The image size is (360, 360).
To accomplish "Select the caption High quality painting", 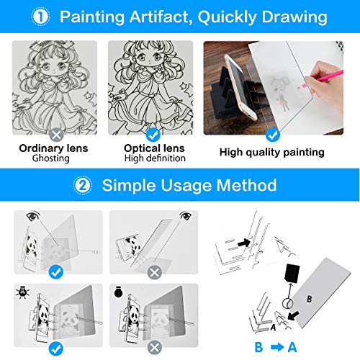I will tap(272, 153).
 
